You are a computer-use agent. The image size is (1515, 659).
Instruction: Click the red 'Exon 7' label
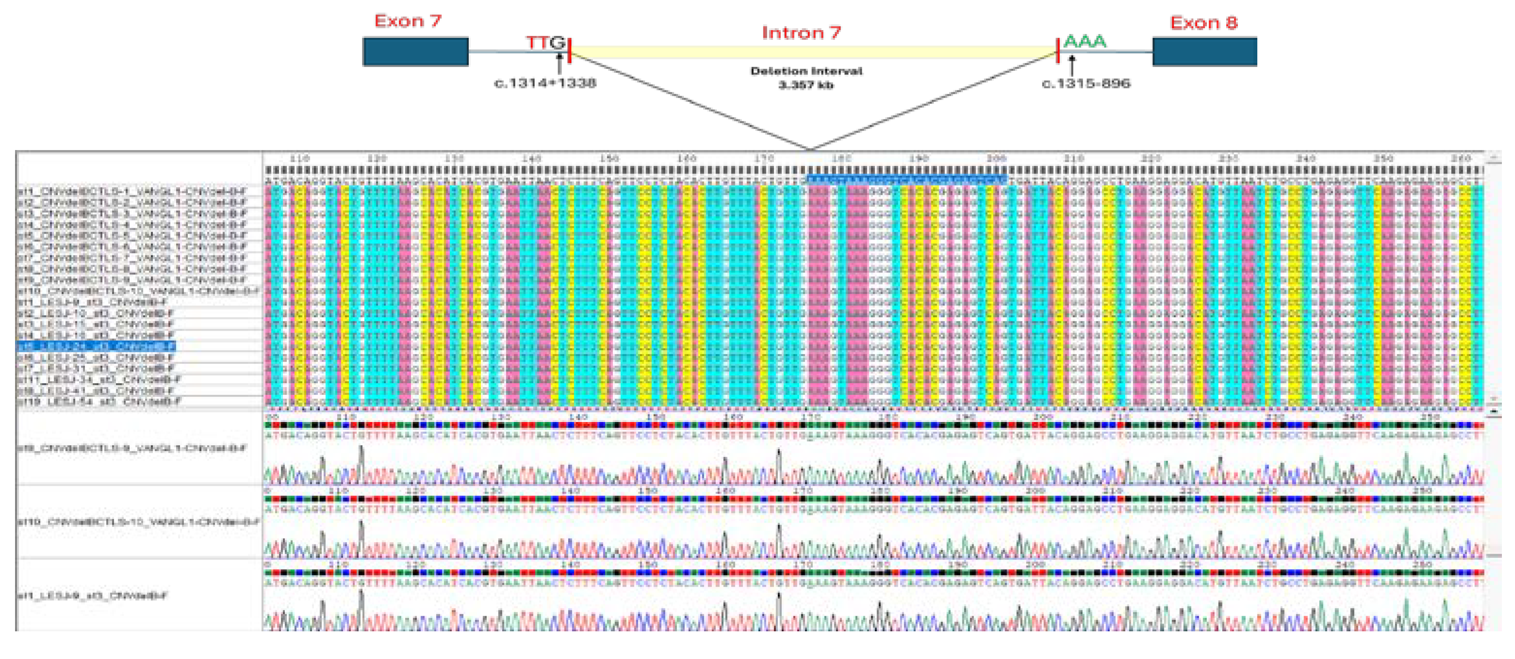(408, 21)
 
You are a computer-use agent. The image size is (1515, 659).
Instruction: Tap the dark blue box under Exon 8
(1204, 52)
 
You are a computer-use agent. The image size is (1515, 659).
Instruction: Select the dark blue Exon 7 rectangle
(415, 52)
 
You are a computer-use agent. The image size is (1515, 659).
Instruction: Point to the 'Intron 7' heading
(801, 33)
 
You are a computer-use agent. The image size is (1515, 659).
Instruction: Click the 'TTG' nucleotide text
(545, 43)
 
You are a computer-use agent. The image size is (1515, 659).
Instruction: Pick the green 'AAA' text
(1085, 42)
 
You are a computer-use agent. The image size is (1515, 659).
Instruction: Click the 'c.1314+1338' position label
(544, 84)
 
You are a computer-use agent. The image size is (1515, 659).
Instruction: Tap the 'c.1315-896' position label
(1086, 84)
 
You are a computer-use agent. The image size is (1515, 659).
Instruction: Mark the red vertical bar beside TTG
(570, 50)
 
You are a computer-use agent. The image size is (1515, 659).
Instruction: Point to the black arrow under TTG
(560, 64)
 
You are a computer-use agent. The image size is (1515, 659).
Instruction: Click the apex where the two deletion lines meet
(811, 149)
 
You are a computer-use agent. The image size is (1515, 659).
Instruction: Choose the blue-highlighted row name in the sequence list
(96, 346)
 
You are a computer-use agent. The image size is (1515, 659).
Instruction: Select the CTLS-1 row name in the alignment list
(132, 191)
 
